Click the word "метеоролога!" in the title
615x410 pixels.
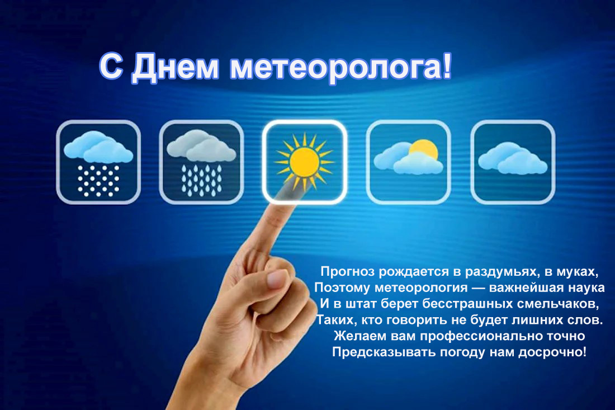click(x=340, y=68)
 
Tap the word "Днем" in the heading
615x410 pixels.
click(x=175, y=68)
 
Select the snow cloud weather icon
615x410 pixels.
click(x=98, y=162)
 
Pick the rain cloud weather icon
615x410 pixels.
click(x=201, y=162)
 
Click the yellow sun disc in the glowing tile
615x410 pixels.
click(x=304, y=162)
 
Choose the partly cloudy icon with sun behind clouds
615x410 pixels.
click(x=408, y=162)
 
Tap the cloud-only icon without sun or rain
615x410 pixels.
click(x=513, y=162)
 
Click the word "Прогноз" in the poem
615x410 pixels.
click(x=348, y=271)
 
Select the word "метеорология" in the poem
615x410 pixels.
click(x=421, y=288)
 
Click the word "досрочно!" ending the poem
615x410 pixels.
click(x=552, y=352)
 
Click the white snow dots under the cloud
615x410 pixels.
click(x=98, y=181)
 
